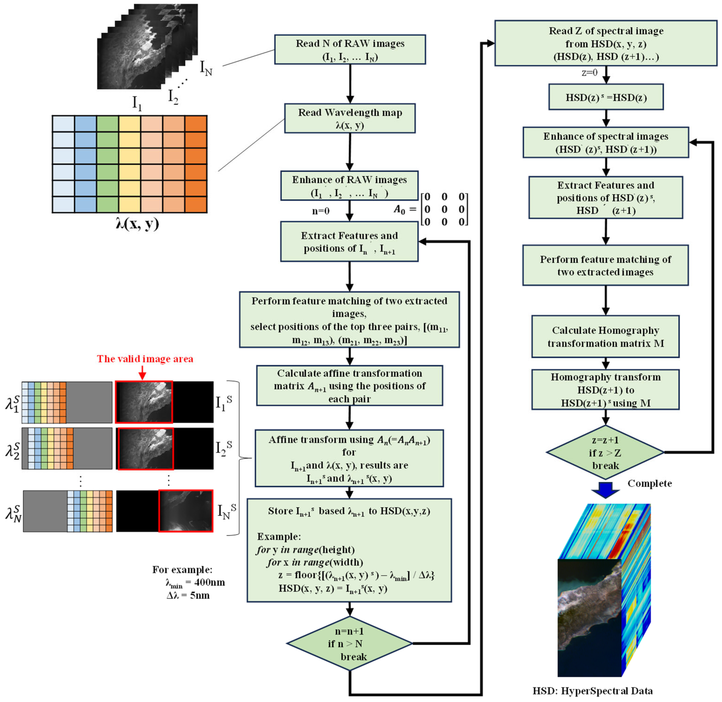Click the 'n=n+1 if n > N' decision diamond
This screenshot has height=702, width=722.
click(x=349, y=643)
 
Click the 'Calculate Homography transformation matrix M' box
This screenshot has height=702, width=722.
click(x=605, y=336)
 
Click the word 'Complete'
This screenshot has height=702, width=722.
click(x=649, y=483)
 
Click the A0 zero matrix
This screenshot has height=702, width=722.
click(x=444, y=209)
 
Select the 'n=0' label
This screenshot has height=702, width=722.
click(x=321, y=211)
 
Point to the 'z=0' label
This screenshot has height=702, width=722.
click(x=589, y=73)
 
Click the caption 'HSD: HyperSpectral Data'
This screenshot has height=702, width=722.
click(x=592, y=691)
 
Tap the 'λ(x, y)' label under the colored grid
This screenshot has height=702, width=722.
click(x=137, y=223)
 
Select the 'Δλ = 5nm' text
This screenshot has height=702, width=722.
click(x=188, y=595)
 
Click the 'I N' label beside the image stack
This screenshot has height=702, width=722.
click(x=206, y=68)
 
